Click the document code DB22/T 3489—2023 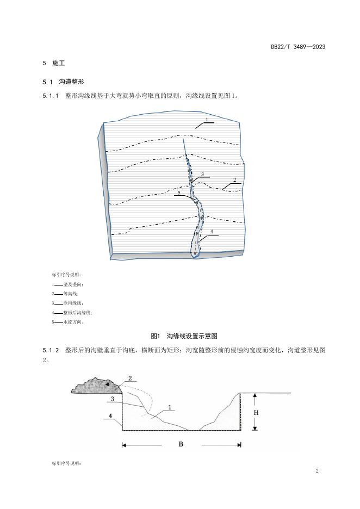[298, 47]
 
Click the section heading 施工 [58, 64]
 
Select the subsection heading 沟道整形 [71, 82]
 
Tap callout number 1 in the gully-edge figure [207, 119]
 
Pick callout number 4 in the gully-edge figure [212, 232]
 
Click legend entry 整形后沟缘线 [77, 313]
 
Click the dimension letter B [181, 444]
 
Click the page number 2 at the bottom [316, 470]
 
